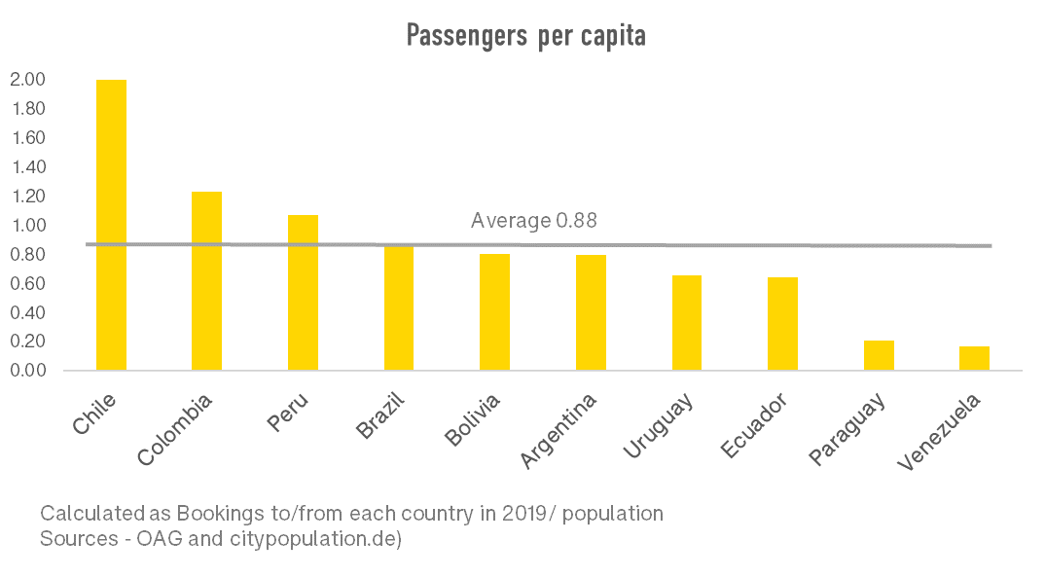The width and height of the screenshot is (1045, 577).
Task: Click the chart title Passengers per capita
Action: (525, 37)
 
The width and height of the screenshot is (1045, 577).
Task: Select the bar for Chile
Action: (111, 224)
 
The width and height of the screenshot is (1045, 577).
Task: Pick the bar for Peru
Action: (303, 292)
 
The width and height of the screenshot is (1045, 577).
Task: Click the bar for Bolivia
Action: (494, 311)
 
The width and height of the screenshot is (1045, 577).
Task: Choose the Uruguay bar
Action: (686, 322)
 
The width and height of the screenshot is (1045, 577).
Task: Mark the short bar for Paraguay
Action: (879, 355)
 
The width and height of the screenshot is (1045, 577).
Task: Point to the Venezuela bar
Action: (974, 358)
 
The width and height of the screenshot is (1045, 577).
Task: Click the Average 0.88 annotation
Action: (533, 221)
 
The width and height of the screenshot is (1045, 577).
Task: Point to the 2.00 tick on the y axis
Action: (28, 80)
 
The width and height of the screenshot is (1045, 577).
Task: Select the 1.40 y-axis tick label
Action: (28, 167)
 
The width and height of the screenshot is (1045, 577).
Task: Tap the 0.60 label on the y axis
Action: (28, 284)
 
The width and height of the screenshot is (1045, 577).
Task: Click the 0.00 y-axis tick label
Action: (28, 371)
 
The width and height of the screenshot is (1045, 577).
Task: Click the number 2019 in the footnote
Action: (522, 513)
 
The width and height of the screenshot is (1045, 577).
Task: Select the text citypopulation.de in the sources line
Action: (324, 538)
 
